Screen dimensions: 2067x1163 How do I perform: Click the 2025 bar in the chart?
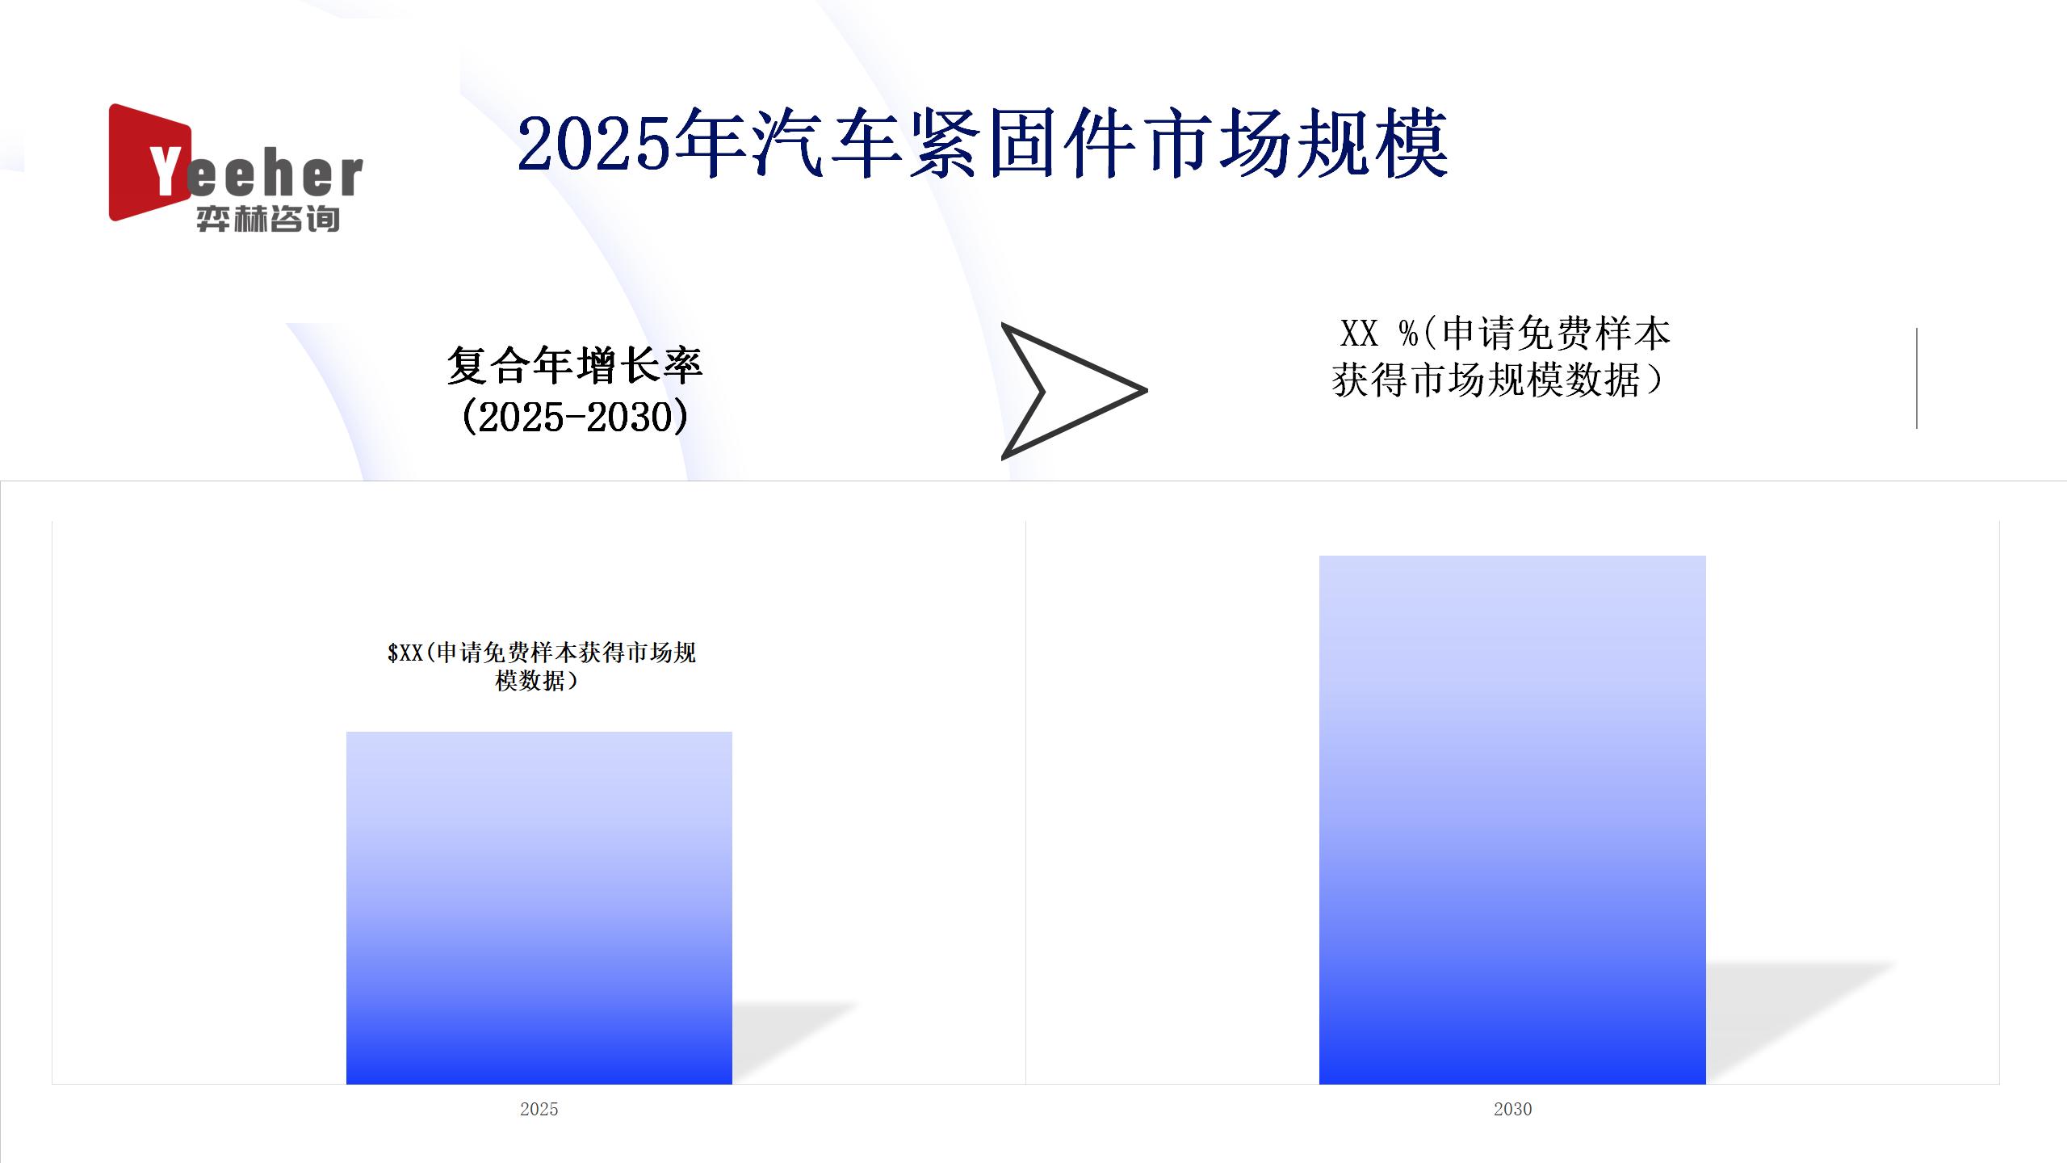pyautogui.click(x=539, y=908)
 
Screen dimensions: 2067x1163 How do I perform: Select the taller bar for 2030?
pyautogui.click(x=1512, y=820)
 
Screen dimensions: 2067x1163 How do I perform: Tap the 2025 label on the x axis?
pyautogui.click(x=539, y=1109)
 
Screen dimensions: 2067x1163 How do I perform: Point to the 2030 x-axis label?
pyautogui.click(x=1512, y=1109)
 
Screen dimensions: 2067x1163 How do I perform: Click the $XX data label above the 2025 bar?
pyautogui.click(x=541, y=666)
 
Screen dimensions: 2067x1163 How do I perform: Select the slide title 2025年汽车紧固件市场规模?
pyautogui.click(x=983, y=145)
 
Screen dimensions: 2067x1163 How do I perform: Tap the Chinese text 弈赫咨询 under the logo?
pyautogui.click(x=268, y=219)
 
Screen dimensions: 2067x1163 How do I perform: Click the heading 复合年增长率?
pyautogui.click(x=575, y=366)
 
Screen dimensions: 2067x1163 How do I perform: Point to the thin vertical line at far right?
pyautogui.click(x=1916, y=378)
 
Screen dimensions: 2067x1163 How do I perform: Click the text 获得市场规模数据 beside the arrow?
pyautogui.click(x=1486, y=380)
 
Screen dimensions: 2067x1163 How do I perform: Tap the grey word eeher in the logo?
pyautogui.click(x=275, y=175)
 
